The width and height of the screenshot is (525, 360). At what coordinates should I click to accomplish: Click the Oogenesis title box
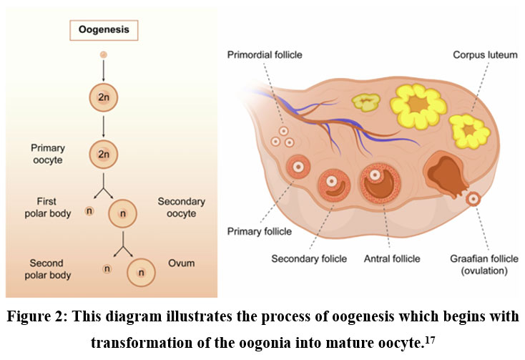[x=104, y=30]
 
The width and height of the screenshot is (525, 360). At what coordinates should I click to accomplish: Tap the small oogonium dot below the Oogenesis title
[x=104, y=55]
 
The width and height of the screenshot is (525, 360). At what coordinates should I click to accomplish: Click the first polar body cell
[x=89, y=211]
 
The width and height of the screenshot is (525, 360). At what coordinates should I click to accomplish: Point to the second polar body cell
[x=107, y=268]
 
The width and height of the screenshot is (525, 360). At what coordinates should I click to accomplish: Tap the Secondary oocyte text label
[x=181, y=208]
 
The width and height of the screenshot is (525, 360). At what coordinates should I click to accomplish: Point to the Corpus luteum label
[x=485, y=54]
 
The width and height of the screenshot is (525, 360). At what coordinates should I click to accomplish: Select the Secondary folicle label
[x=309, y=258]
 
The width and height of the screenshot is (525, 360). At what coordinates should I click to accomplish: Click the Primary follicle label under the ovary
[x=259, y=231]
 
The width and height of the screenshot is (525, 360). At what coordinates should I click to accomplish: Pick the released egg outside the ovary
[x=474, y=198]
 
